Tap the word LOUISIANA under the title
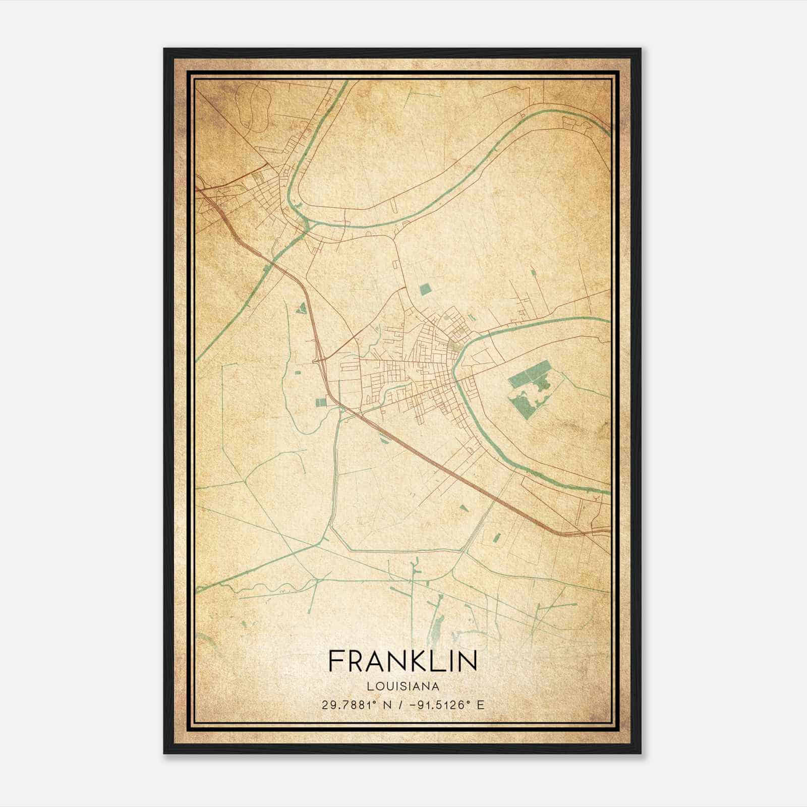(402, 686)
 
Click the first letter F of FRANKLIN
(334, 661)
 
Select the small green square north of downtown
(425, 289)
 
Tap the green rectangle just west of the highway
(321, 402)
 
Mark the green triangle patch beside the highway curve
(302, 307)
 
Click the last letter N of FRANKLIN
(469, 661)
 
